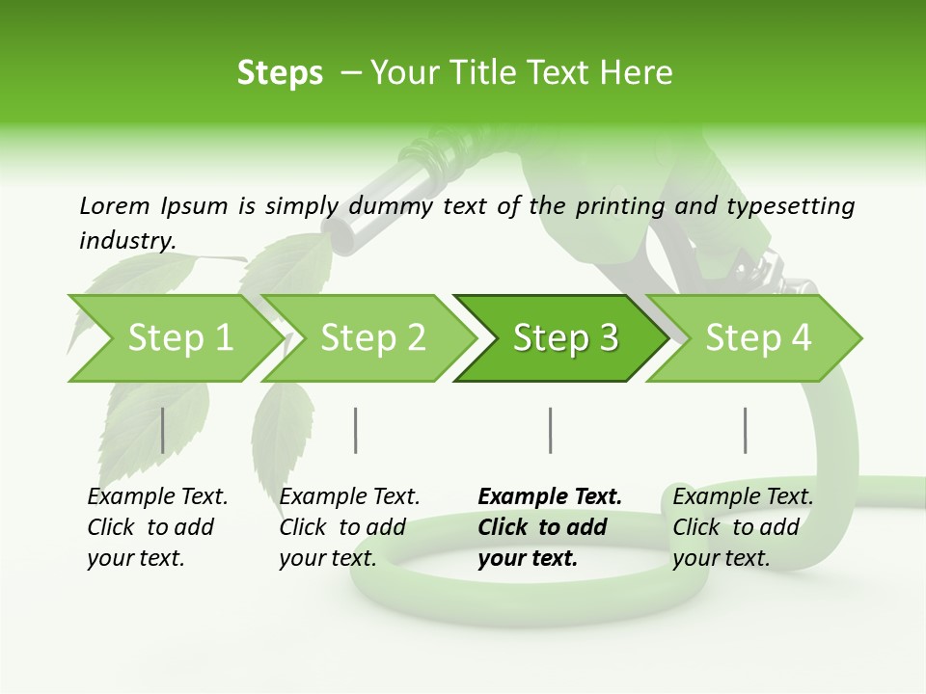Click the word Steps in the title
280,73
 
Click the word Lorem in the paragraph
114,205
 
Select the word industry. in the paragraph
127,240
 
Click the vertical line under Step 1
163,430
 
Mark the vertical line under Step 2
356,430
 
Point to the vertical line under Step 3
550,430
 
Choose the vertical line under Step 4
745,430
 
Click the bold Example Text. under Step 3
550,496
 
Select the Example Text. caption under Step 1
157,496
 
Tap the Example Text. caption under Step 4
743,496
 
